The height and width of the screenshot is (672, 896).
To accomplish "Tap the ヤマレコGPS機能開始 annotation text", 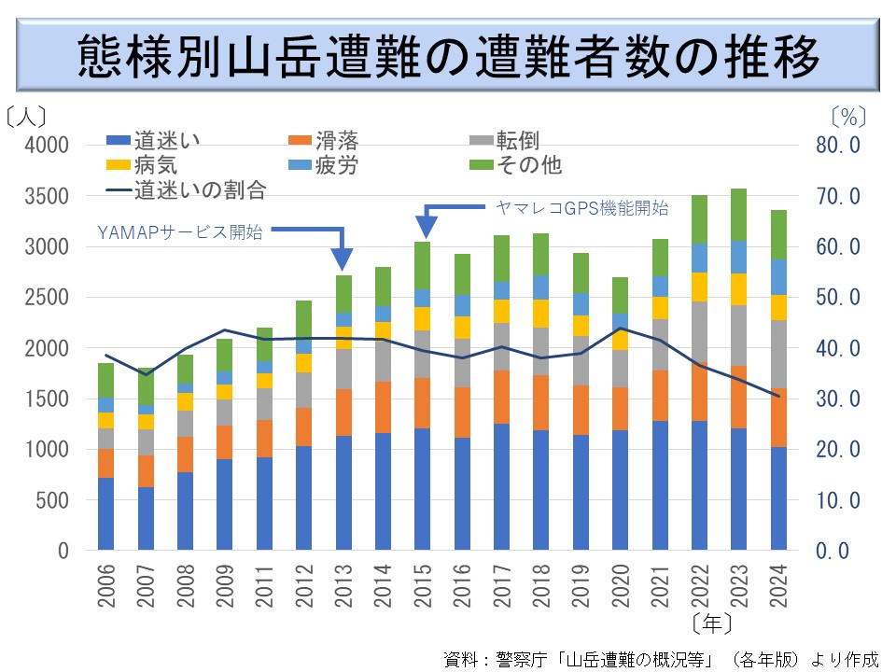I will point(581,209).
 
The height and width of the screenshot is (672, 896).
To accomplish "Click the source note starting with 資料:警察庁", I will point(662,657).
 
